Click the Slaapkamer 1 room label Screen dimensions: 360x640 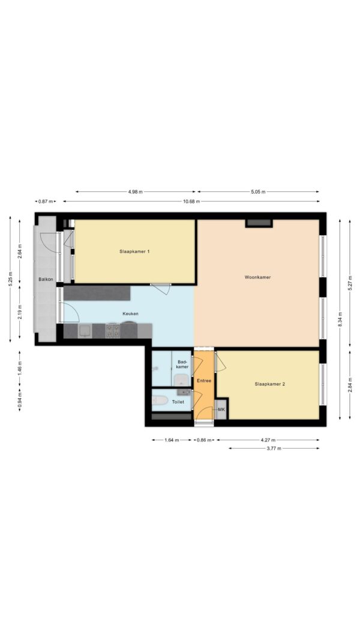(x=134, y=251)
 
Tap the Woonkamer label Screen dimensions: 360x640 (x=257, y=277)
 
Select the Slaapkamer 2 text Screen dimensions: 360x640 (x=269, y=384)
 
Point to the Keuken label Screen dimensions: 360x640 (x=131, y=314)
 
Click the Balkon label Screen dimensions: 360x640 (x=46, y=279)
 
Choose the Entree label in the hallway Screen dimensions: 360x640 (x=203, y=380)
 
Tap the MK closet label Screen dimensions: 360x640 (x=221, y=409)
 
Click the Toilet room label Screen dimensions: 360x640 (x=178, y=402)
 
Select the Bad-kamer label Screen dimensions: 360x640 (x=182, y=364)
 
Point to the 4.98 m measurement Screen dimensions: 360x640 (x=135, y=192)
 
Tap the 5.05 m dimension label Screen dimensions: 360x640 (x=258, y=192)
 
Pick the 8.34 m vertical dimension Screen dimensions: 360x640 (x=340, y=319)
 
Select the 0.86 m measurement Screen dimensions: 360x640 (x=204, y=440)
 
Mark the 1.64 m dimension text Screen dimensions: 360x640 (x=172, y=440)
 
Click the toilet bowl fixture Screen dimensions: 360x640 (x=160, y=401)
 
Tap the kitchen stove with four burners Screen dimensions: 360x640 (x=113, y=330)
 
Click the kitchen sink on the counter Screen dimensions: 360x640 (x=85, y=330)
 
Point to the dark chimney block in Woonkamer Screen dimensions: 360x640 (x=259, y=223)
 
